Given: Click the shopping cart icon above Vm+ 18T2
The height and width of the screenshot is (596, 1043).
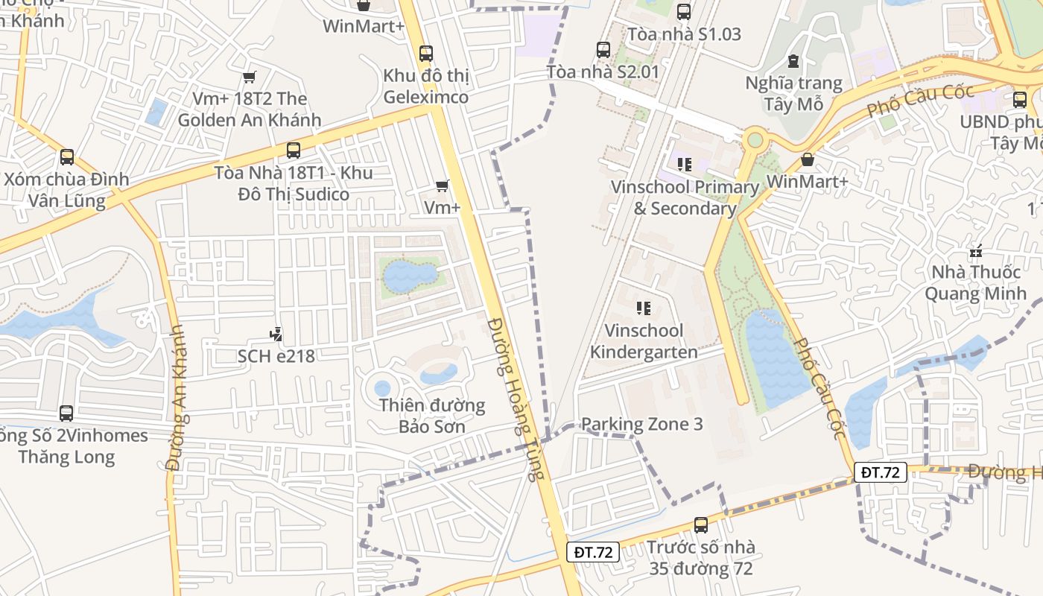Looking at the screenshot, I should click(x=250, y=77).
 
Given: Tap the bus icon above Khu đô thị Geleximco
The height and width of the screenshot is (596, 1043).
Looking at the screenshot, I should click(x=425, y=54).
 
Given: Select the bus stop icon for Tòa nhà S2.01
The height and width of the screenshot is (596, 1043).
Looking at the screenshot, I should click(x=603, y=50).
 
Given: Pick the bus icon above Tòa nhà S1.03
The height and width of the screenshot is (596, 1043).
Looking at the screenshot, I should click(x=684, y=12).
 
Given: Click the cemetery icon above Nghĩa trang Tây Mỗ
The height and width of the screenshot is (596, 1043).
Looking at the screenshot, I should click(x=793, y=61).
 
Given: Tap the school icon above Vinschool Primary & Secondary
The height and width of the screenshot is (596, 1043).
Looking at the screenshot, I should click(x=685, y=165).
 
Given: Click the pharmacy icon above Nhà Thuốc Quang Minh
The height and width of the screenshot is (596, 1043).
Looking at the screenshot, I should click(x=976, y=251).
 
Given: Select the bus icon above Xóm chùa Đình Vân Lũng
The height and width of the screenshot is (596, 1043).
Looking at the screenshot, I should click(x=67, y=157).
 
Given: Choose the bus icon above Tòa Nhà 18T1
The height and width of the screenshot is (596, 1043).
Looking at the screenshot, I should click(x=294, y=150).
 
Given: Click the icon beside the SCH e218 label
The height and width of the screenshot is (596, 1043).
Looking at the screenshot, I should click(x=276, y=335).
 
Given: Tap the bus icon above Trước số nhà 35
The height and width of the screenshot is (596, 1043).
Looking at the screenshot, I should click(x=700, y=525).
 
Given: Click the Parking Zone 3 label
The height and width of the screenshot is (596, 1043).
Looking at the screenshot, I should click(x=641, y=425).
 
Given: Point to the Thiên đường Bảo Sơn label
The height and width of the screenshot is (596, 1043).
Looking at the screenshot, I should click(x=432, y=416).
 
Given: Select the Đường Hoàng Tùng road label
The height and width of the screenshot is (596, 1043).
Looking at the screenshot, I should click(x=513, y=399).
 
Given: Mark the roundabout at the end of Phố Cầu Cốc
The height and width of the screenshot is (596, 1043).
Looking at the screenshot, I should click(x=755, y=139).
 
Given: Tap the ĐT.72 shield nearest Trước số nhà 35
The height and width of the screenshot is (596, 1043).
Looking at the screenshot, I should click(x=593, y=552).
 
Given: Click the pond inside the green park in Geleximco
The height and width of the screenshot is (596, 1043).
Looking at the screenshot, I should click(x=409, y=276).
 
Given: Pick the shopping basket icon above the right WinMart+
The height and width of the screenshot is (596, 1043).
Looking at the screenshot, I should click(x=807, y=159).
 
